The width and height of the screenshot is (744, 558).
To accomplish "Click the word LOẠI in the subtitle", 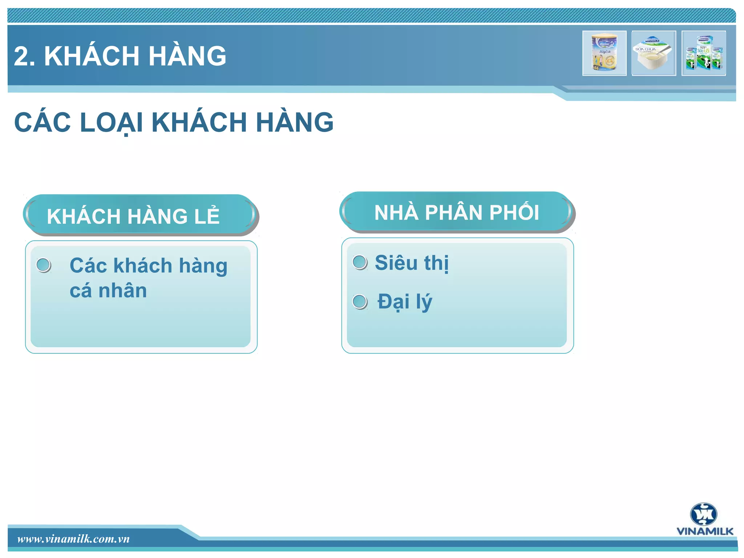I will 111,122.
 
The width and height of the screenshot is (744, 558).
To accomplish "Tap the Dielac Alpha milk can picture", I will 604,53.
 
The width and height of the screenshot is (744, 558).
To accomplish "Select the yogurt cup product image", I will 654,53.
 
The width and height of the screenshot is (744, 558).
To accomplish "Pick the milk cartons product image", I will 704,53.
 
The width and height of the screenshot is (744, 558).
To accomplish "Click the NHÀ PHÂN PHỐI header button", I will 457,212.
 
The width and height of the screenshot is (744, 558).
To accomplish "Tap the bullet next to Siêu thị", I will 360,262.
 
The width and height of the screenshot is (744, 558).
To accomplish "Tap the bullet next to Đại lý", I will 360,302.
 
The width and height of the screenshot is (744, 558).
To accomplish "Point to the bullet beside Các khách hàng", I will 44,265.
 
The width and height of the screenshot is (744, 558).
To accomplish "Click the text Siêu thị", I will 412,263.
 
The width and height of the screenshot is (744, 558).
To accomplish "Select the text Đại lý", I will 405,302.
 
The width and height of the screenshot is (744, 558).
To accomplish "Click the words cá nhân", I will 108,291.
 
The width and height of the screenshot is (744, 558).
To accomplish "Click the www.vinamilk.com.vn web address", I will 73,539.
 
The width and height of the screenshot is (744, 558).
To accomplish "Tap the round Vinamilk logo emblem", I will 704,514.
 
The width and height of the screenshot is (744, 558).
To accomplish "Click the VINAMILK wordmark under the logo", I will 705,531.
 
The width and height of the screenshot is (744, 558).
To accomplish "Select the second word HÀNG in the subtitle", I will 295,122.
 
